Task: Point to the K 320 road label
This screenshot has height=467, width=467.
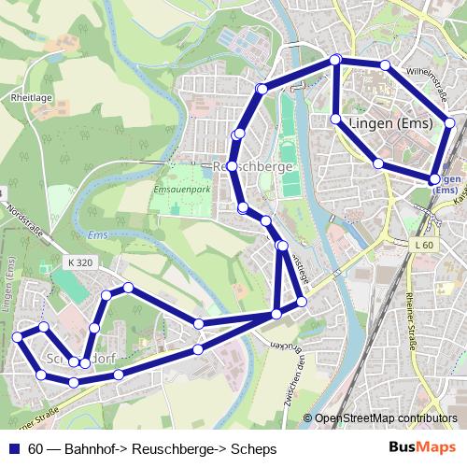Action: [79, 263]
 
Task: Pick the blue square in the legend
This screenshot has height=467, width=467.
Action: [13, 449]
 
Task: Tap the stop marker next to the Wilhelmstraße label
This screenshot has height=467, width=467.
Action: [385, 64]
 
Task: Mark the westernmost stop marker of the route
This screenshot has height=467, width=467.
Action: [18, 336]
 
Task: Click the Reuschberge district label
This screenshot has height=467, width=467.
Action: [254, 166]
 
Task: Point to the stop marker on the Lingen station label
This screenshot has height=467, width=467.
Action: [434, 178]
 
